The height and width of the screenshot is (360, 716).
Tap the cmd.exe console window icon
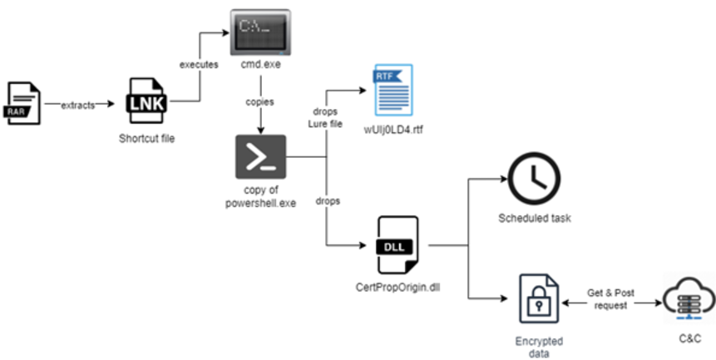coord(259,31)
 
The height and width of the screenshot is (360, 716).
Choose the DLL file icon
coord(398,244)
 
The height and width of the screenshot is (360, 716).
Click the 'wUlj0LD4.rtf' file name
coord(389,131)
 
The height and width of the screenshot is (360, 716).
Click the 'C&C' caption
coord(689,339)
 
